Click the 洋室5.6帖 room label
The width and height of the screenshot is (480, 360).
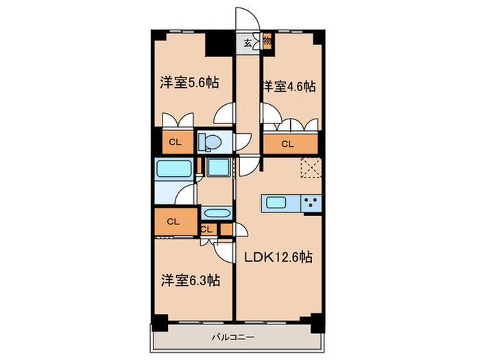[189, 83]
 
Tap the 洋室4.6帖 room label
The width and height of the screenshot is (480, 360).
[288, 86]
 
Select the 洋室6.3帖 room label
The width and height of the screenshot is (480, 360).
[191, 280]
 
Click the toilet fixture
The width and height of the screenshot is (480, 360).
[210, 142]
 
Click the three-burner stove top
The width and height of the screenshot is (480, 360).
[310, 203]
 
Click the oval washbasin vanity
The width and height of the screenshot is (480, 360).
[217, 213]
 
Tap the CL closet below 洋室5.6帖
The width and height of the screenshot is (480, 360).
[175, 143]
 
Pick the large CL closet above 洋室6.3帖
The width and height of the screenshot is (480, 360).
[172, 221]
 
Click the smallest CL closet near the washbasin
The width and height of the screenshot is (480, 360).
[206, 230]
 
